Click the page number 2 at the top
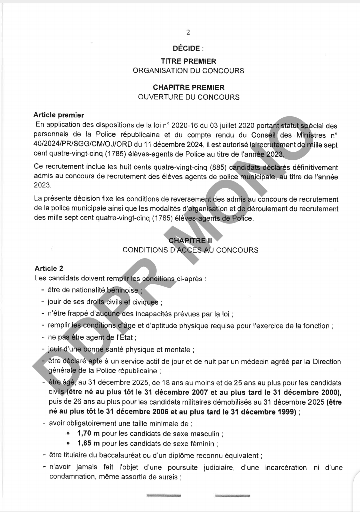tap(188, 33)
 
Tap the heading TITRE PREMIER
tap(188, 61)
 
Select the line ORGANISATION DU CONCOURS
tap(188, 71)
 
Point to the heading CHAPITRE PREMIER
tap(188, 87)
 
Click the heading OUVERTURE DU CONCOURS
tap(188, 97)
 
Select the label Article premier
tap(58, 116)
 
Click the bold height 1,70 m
tap(88, 433)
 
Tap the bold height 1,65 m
tap(88, 443)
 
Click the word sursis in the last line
tap(168, 477)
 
